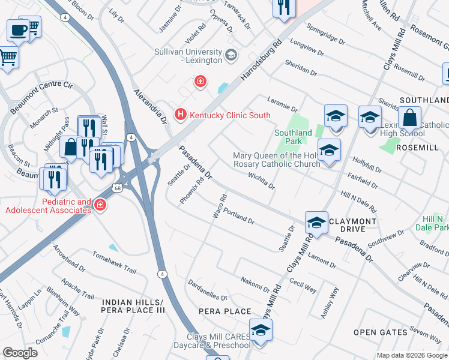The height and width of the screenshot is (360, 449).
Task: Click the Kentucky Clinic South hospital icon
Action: coord(179,113)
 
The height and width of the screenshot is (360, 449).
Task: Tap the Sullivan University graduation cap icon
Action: coord(230,56)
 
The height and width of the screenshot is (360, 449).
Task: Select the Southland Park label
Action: coord(293,137)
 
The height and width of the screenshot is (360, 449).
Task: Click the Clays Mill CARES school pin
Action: coord(261,331)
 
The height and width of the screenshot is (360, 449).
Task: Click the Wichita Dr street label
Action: coord(261,181)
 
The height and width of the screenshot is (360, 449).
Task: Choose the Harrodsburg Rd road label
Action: coord(261,62)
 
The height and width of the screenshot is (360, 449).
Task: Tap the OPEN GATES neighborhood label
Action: coord(380,332)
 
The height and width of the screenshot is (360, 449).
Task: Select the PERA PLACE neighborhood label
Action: coord(226,311)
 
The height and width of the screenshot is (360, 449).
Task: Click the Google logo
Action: coord(20,353)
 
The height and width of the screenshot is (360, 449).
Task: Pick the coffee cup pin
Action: coord(19,30)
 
